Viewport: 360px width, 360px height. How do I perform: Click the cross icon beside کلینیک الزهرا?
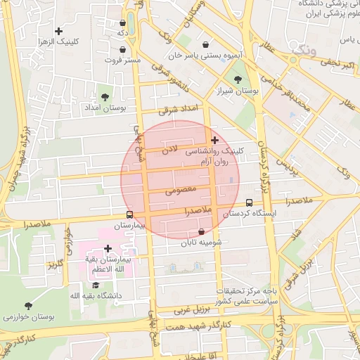[58, 31]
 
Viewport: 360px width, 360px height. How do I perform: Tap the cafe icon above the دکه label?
[123, 22]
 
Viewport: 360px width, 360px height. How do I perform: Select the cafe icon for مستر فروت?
[124, 50]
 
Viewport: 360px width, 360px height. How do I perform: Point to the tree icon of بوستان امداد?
[105, 97]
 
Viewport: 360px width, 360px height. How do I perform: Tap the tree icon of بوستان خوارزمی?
[28, 306]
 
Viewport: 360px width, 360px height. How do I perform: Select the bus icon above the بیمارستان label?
[129, 214]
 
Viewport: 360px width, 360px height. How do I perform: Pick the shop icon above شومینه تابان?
[202, 231]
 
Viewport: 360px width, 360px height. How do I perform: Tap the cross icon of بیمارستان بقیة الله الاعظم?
[108, 248]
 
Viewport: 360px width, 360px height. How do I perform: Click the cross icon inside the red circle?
[214, 141]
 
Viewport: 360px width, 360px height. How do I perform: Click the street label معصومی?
[179, 191]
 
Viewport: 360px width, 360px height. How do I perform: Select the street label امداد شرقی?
[179, 109]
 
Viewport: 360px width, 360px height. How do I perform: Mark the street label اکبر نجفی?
[330, 65]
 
